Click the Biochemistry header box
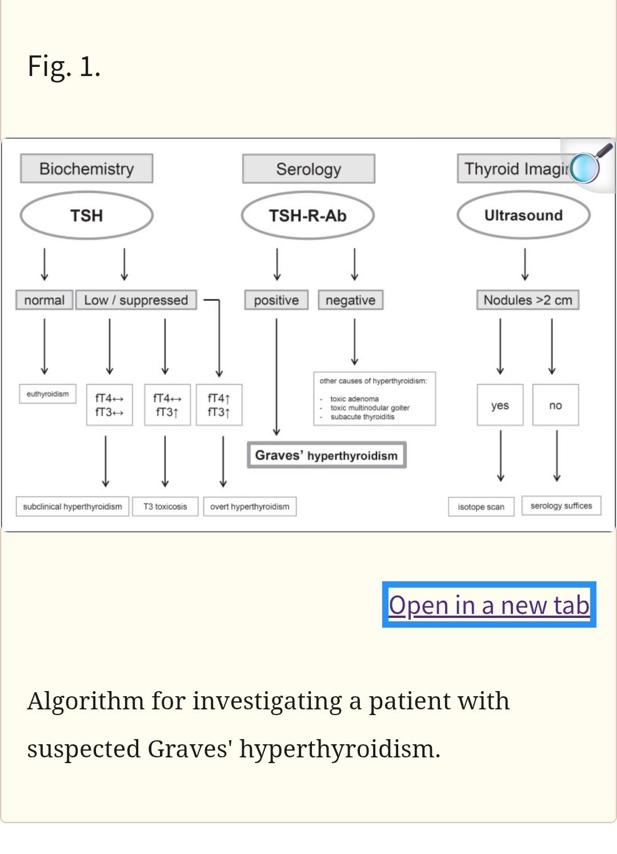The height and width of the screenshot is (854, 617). (86, 169)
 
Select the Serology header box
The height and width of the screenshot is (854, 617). (308, 169)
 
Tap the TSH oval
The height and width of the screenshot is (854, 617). (86, 216)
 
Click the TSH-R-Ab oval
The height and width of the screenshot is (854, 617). (308, 216)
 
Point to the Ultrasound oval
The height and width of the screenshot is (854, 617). (524, 216)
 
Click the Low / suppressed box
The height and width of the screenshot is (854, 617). (136, 300)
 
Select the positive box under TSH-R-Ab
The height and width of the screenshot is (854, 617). (277, 300)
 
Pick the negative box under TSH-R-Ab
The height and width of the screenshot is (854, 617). (351, 300)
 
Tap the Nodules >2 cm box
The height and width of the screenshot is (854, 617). (528, 300)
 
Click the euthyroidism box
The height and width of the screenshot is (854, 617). (47, 394)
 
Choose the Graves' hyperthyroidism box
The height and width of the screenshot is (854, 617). (327, 455)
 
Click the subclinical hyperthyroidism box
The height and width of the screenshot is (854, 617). (73, 506)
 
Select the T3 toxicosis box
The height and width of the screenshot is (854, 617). (165, 506)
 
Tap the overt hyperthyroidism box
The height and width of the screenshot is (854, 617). (250, 506)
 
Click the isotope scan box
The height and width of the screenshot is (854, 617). (481, 506)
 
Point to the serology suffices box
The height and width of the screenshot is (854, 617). (562, 505)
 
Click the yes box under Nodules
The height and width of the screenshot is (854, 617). (500, 405)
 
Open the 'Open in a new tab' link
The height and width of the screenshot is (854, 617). (489, 605)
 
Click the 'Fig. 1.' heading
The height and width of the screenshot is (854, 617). (64, 66)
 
